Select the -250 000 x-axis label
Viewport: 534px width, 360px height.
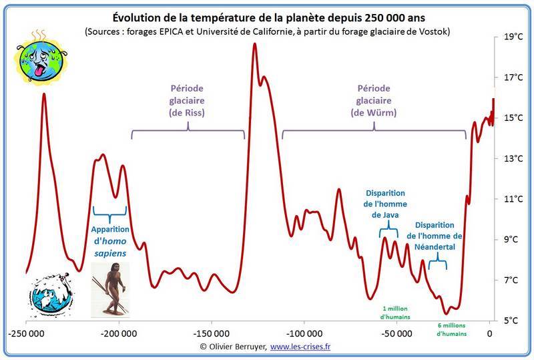tap(27, 333)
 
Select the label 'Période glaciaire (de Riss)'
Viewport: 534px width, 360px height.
tap(187, 101)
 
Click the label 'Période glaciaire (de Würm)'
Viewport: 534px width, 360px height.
tap(374, 101)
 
